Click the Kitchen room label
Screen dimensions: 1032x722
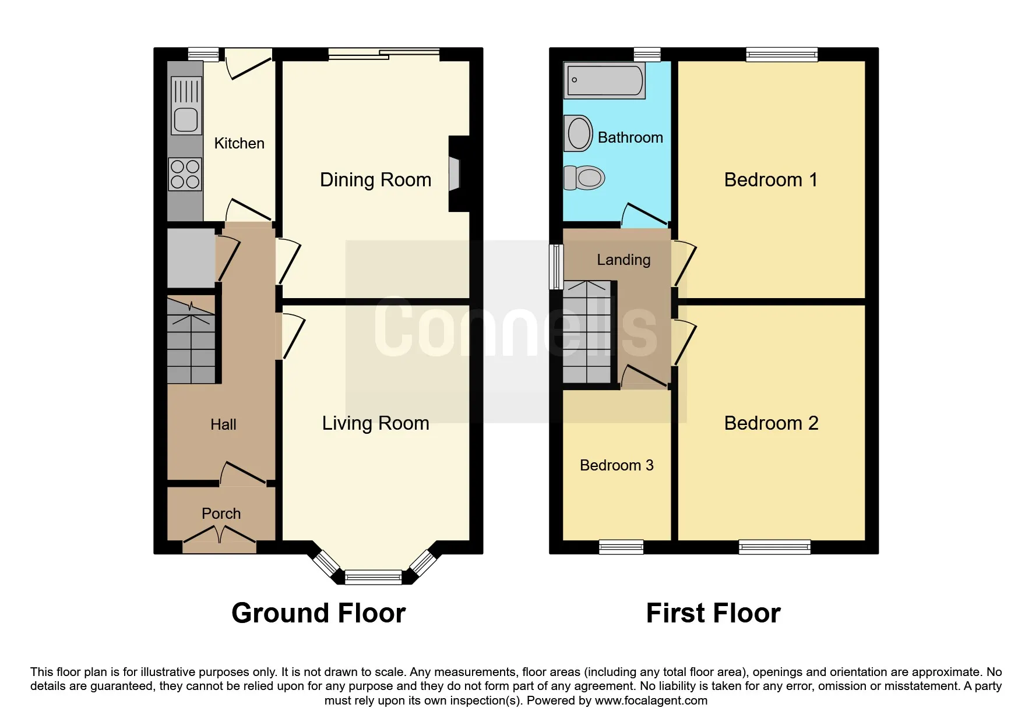point(239,143)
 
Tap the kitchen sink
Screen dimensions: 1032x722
point(186,105)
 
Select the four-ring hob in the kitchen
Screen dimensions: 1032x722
point(185,174)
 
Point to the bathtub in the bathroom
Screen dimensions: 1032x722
point(604,80)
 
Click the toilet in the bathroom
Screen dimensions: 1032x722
point(584,178)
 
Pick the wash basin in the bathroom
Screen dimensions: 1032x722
point(579,133)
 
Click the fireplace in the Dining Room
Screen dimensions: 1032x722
point(458,174)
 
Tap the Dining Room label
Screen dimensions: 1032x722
point(375,180)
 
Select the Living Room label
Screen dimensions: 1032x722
point(375,423)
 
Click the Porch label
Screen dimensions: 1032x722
point(221,514)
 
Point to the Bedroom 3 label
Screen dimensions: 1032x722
point(617,465)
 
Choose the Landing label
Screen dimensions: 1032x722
point(624,260)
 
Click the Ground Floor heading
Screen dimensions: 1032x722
point(318,613)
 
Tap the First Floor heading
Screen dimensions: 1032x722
point(713,613)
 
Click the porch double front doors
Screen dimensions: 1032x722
point(220,539)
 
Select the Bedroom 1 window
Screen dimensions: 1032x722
point(782,55)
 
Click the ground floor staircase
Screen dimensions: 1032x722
point(191,340)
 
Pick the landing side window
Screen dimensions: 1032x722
point(556,267)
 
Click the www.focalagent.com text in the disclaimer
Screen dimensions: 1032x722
point(651,700)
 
